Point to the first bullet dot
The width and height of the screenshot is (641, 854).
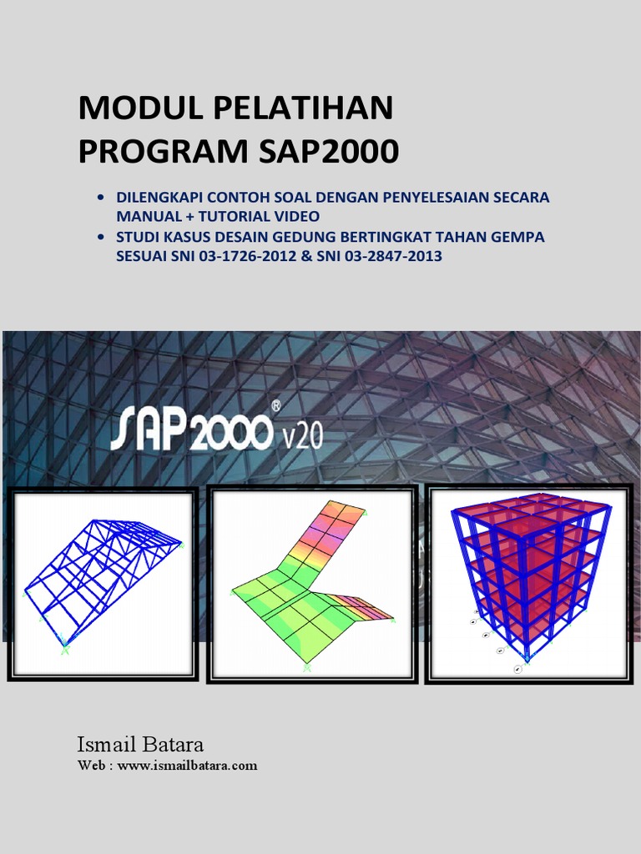coord(102,199)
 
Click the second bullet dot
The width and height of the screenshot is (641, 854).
coord(102,238)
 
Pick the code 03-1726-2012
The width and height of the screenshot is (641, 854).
coord(232,257)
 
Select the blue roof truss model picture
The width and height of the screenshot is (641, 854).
coord(103,584)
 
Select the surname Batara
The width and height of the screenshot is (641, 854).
coord(174,744)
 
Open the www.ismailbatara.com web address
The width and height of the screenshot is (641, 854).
coord(187,765)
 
